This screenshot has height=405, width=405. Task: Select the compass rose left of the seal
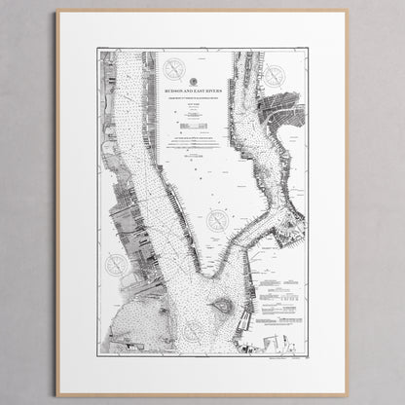(x=174, y=69)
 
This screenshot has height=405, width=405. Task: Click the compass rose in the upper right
(x=275, y=75)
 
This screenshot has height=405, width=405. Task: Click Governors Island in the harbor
(x=222, y=305)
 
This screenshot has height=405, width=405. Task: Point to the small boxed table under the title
(x=202, y=123)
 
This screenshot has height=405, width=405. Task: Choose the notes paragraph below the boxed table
(x=202, y=147)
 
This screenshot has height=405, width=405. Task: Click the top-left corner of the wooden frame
(x=57, y=12)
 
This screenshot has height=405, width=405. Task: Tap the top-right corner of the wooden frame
(x=347, y=12)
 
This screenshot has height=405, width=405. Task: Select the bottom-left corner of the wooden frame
(x=57, y=394)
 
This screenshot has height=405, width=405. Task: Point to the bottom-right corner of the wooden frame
(x=347, y=394)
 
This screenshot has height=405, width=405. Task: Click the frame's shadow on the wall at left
(x=54, y=204)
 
